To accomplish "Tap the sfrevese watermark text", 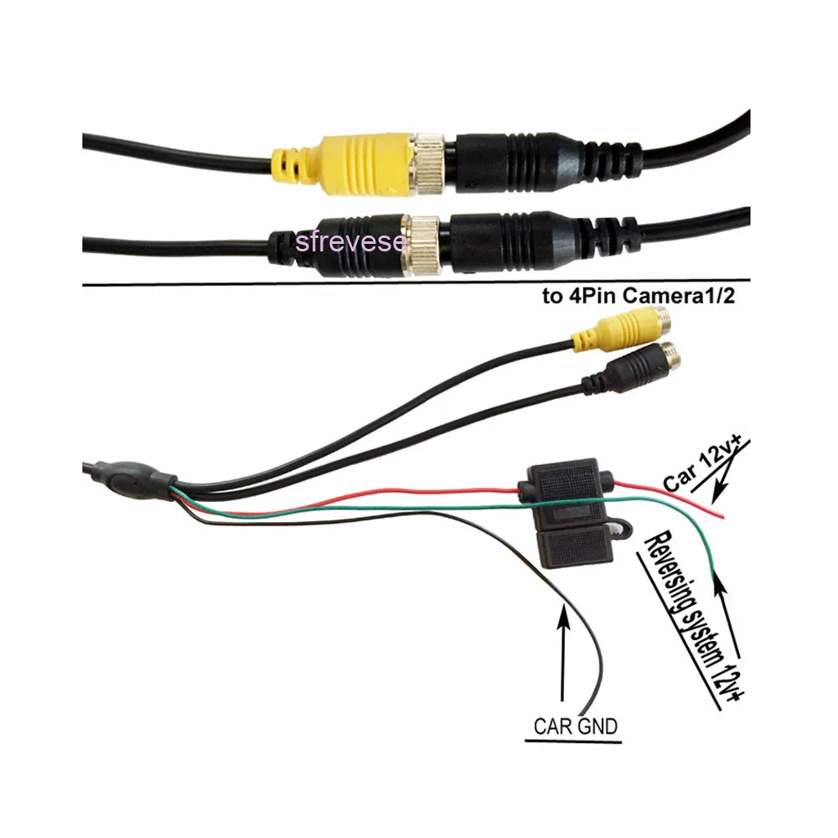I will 351,242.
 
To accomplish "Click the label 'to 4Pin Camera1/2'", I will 639,297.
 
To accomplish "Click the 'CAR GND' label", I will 577,725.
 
